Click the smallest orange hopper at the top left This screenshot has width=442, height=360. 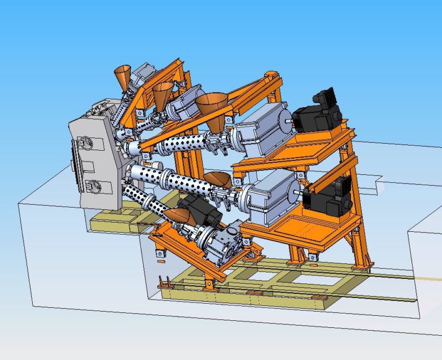[123, 78]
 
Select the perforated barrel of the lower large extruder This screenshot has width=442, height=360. [178, 179]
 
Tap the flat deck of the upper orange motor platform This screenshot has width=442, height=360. [305, 147]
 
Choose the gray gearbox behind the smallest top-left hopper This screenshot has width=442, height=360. [142, 75]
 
